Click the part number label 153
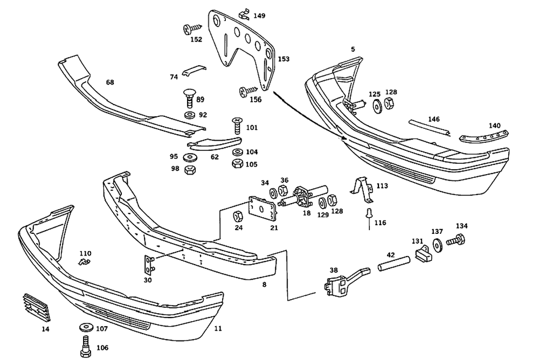[284, 59]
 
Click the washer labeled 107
[85, 327]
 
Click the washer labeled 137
[436, 243]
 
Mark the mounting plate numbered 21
[262, 209]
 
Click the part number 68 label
[110, 82]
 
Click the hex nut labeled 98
[190, 170]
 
